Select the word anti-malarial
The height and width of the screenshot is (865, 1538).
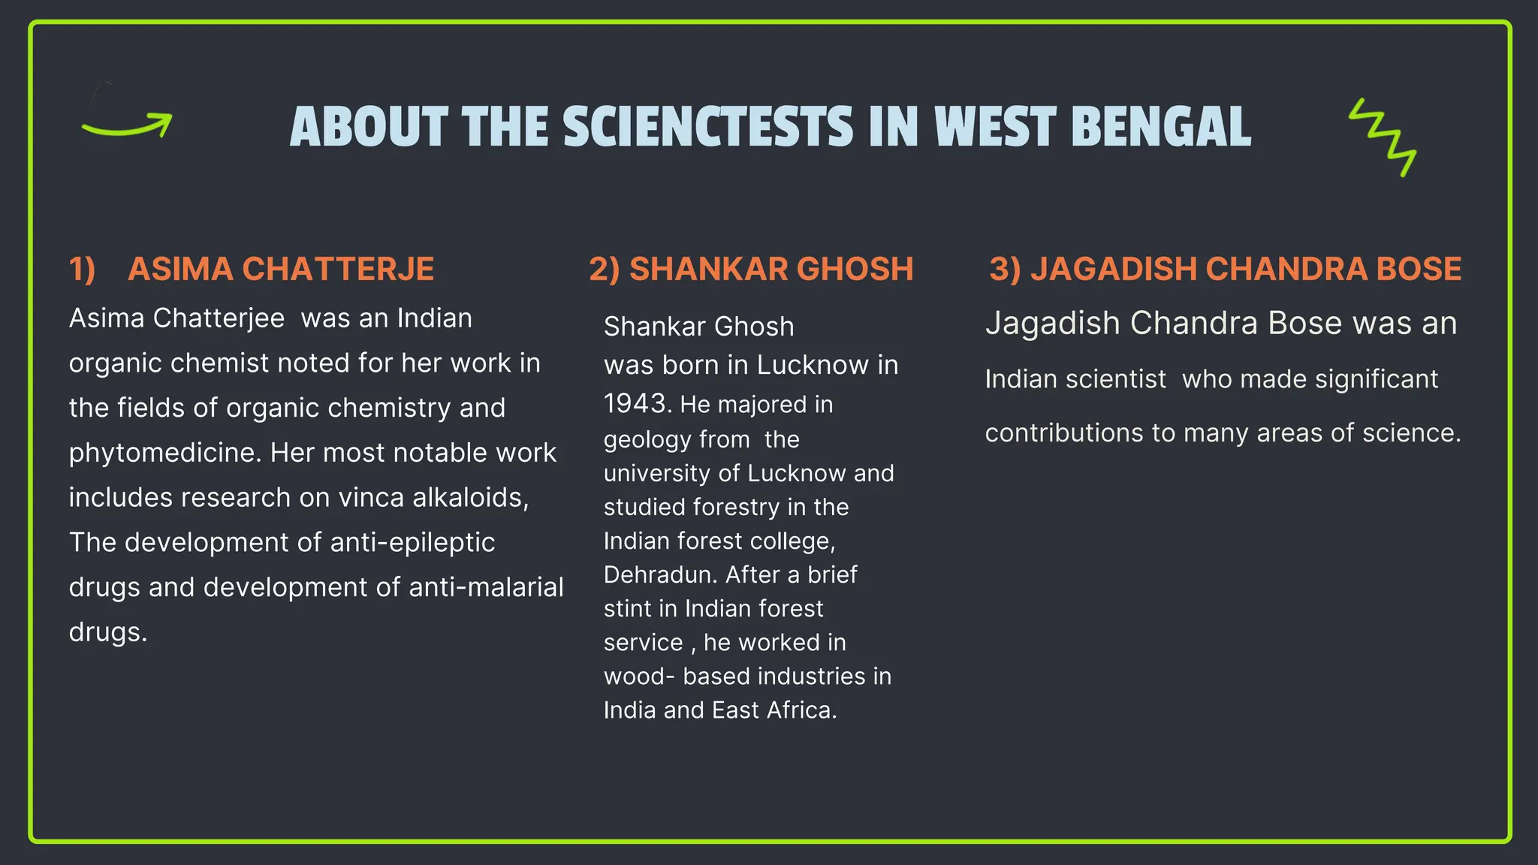(486, 587)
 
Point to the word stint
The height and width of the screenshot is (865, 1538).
(627, 608)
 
